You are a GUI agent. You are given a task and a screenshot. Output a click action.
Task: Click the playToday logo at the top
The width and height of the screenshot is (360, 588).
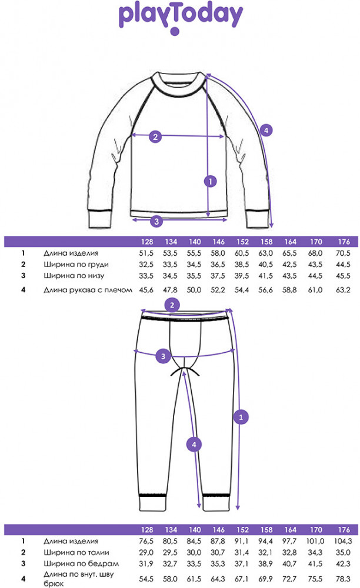[181, 18]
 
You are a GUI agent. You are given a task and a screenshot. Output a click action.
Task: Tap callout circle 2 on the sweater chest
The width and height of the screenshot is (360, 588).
[156, 136]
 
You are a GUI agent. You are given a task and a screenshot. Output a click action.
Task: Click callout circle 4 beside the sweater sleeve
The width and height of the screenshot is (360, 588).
[266, 131]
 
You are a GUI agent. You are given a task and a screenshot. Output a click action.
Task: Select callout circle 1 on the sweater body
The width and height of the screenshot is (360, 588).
[211, 182]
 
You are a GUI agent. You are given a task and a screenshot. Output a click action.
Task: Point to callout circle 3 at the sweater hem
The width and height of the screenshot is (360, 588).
[156, 221]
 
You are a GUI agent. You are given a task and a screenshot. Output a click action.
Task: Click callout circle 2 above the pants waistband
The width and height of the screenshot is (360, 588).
[172, 305]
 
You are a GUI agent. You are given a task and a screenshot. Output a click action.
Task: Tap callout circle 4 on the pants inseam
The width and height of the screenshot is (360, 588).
[194, 445]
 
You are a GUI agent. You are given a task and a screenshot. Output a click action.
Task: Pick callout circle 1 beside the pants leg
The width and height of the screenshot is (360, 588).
[241, 417]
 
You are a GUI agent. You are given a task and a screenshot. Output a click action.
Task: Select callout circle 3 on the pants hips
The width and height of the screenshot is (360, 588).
[163, 356]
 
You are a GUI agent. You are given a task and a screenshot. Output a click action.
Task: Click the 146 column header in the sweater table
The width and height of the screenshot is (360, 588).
[219, 242]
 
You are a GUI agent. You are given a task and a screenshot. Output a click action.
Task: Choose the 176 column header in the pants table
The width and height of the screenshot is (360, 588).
[344, 530]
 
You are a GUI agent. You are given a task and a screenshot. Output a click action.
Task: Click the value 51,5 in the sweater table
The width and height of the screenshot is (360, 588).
[146, 253]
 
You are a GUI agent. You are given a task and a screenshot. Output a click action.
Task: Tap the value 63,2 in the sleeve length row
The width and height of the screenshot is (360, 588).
[343, 290]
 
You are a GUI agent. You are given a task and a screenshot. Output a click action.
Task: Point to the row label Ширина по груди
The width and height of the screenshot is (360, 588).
[76, 265]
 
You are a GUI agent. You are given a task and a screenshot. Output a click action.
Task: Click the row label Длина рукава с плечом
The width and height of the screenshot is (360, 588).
[88, 290]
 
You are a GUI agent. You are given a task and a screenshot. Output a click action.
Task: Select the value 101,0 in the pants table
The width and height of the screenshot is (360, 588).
[315, 541]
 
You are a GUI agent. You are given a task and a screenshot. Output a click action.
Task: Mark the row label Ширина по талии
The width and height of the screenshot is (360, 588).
[76, 552]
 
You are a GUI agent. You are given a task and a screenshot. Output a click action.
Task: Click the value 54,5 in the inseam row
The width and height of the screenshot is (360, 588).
[146, 579]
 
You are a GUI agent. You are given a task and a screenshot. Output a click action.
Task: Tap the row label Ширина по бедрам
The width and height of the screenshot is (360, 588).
[81, 564]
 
